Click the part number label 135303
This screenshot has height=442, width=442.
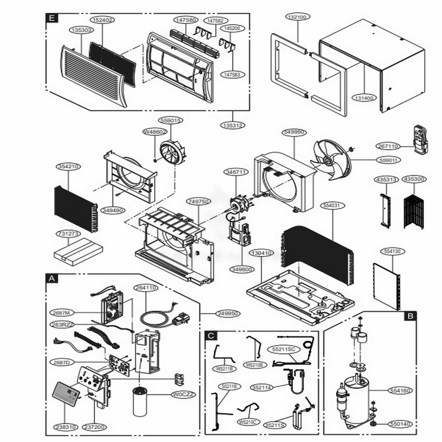tap(81, 30)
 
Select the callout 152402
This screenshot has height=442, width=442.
tap(103, 19)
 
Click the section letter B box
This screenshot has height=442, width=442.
tap(411, 316)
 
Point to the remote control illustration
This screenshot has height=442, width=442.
tap(420, 139)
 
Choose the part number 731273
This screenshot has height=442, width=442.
tap(68, 233)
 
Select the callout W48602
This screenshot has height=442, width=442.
tap(155, 132)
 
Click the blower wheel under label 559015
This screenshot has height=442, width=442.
tap(174, 152)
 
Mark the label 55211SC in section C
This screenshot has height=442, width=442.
tap(283, 349)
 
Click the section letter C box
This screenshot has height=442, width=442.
tap(212, 335)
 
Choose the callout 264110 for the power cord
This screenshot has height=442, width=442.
tap(146, 288)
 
